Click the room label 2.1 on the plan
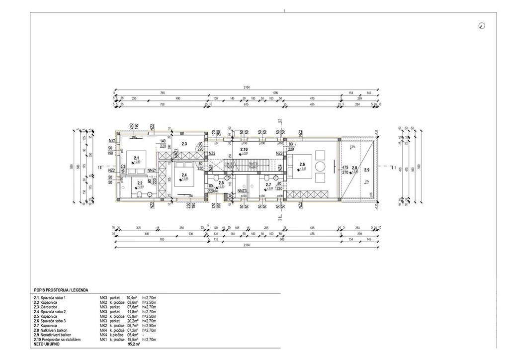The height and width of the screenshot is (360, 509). click(x=136, y=158)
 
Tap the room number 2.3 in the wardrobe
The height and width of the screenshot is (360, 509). click(x=184, y=144)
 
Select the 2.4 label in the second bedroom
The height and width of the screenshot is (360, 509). click(x=184, y=174)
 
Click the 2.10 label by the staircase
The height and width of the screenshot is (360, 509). click(x=244, y=149)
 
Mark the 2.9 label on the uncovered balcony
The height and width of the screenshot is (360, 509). click(x=367, y=170)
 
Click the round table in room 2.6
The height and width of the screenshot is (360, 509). click(x=321, y=166)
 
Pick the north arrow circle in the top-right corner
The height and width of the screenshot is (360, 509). click(x=481, y=26)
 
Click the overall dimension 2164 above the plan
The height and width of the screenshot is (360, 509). click(x=247, y=88)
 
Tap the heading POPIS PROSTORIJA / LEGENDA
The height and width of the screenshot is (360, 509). click(x=60, y=289)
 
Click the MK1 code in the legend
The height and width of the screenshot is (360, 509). click(x=103, y=340)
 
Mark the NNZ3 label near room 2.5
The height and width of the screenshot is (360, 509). click(x=242, y=191)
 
